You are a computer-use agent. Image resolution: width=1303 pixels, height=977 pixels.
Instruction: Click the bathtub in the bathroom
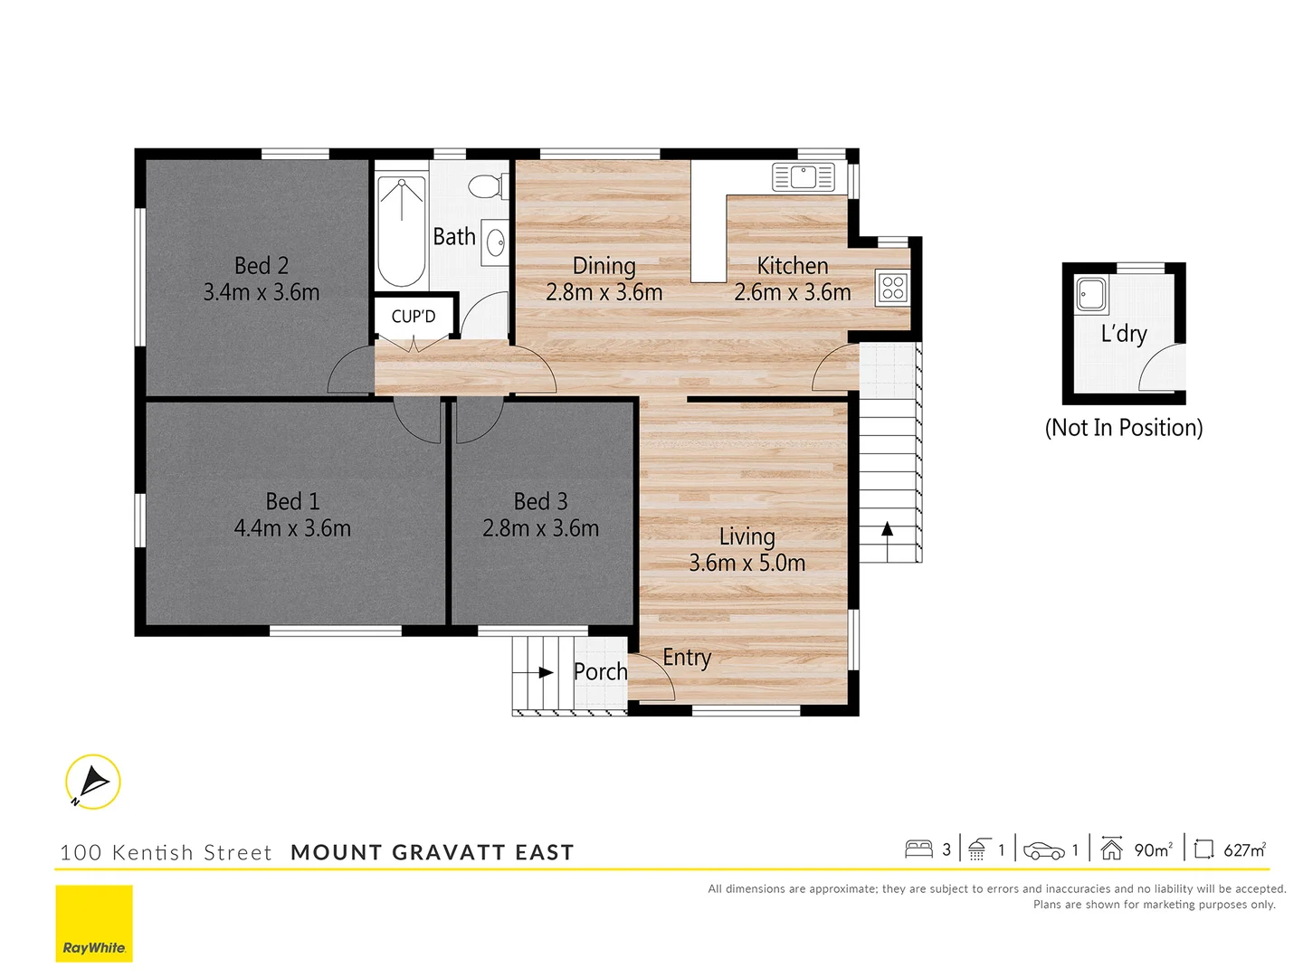[x=402, y=232]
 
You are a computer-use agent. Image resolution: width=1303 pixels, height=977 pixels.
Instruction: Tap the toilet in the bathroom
[x=487, y=185]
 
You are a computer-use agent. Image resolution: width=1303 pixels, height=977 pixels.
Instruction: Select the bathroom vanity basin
[x=495, y=242]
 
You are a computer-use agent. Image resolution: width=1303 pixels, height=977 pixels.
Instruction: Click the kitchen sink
[x=803, y=177]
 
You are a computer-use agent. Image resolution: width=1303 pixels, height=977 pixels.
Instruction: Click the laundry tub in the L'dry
[x=1091, y=295]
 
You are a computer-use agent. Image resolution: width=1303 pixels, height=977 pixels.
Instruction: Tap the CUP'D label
[x=414, y=317]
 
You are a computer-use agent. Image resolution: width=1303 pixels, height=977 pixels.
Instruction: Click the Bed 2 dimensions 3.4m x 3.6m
[x=262, y=292]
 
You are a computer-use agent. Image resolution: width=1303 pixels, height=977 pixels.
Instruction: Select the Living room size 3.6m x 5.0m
[x=747, y=563]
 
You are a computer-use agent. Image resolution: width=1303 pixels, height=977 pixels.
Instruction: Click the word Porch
[x=600, y=671]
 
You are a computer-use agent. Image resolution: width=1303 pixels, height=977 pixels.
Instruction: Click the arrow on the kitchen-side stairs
[x=888, y=530]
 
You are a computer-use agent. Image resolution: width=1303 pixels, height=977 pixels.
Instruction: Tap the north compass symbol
[x=92, y=782]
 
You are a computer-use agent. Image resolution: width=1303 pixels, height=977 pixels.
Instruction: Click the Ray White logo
[x=94, y=924]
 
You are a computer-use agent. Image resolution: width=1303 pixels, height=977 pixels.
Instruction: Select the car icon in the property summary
[x=1043, y=850]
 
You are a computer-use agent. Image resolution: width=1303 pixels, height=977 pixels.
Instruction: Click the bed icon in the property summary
[x=918, y=849]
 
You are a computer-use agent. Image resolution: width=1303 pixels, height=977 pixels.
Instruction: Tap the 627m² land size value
[x=1244, y=849]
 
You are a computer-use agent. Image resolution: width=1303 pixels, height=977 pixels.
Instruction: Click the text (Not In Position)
[x=1124, y=428]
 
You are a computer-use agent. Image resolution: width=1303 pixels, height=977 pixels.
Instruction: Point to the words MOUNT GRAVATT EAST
[x=433, y=852]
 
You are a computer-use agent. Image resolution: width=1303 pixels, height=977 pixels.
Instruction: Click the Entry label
[x=687, y=658]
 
